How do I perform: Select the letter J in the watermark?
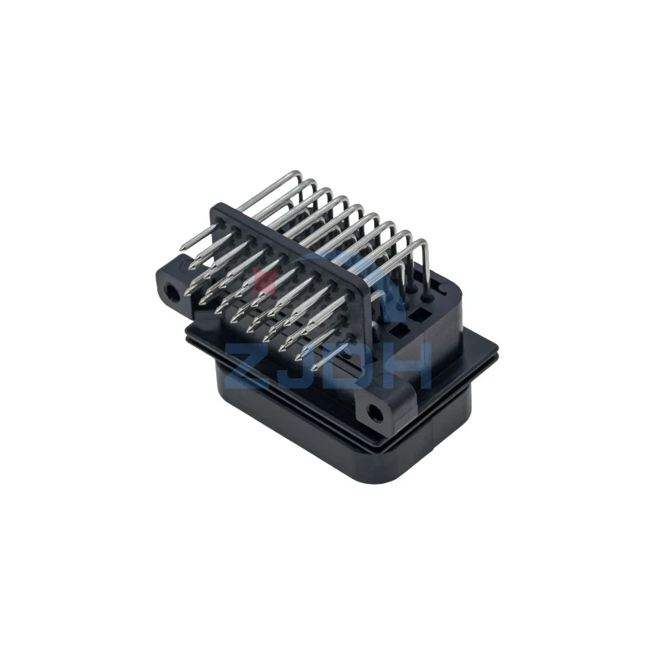coord(294,366)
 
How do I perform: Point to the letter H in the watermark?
coord(406,366)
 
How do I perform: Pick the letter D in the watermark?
coord(350,366)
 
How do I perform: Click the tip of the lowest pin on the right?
coord(314,369)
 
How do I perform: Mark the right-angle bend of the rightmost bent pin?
coord(423,241)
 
